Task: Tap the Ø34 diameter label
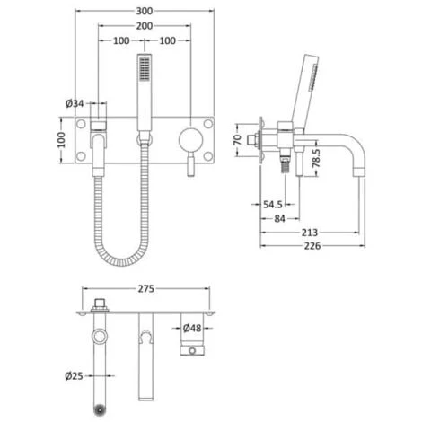pyautogui.click(x=75, y=104)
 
